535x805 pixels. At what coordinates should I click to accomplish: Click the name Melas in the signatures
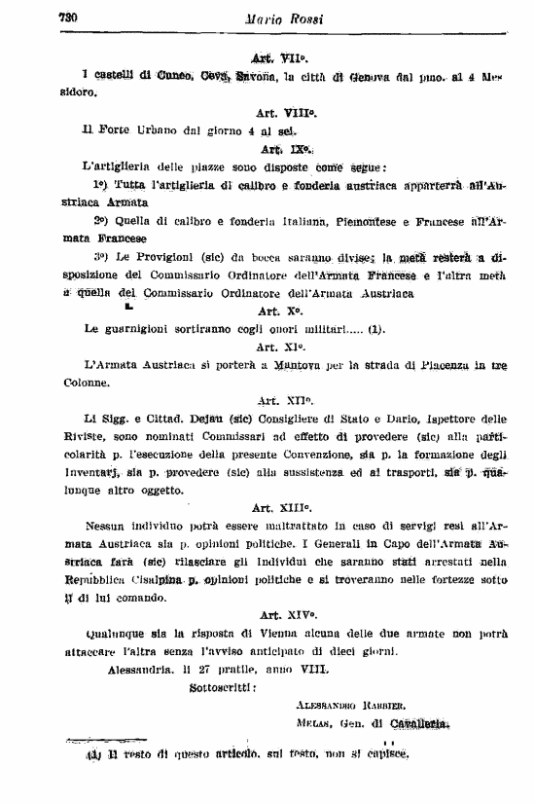(x=310, y=723)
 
